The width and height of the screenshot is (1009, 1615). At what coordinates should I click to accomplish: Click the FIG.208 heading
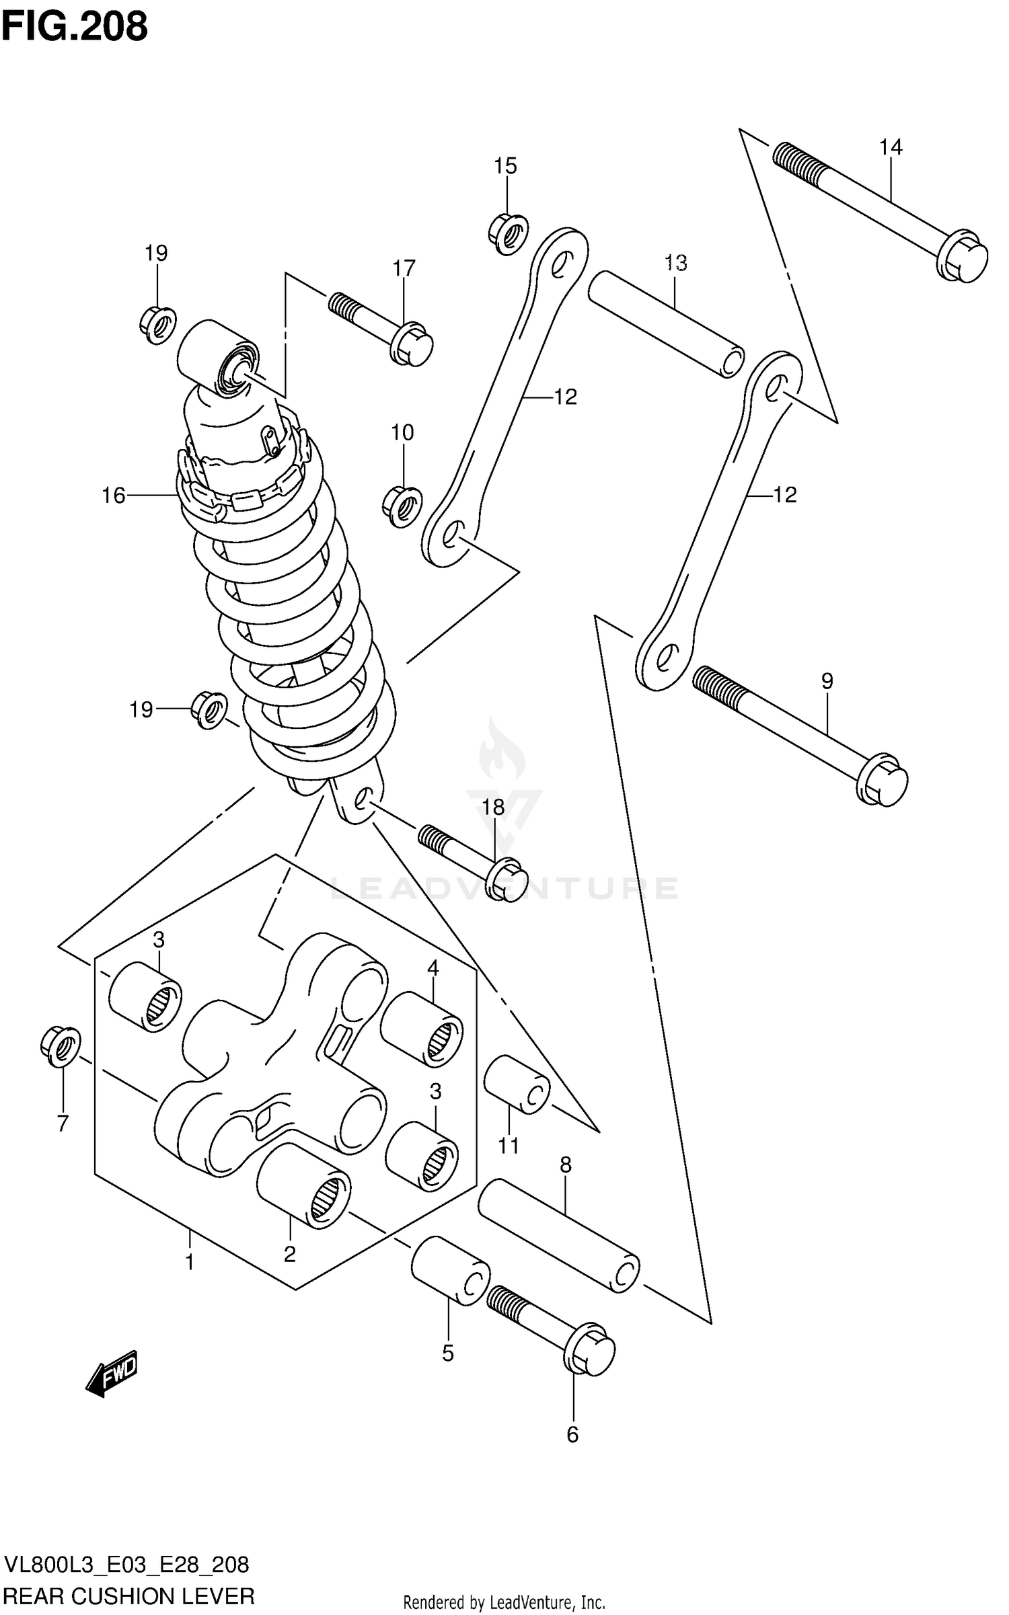point(74,27)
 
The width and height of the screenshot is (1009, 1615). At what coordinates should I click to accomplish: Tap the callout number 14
point(891,147)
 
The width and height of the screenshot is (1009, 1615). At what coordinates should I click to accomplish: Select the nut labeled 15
point(508,233)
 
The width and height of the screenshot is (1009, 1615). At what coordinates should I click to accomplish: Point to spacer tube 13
point(666,323)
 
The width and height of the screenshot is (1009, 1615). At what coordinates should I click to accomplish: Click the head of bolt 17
point(412,345)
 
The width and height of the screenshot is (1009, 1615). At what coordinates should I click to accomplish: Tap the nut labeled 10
point(402,506)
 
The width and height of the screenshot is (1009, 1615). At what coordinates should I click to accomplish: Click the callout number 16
point(114,496)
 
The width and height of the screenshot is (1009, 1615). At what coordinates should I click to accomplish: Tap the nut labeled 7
point(60,1046)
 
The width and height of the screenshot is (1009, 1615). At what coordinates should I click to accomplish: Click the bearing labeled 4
point(422,1029)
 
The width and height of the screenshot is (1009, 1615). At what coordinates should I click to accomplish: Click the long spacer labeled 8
point(558,1236)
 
